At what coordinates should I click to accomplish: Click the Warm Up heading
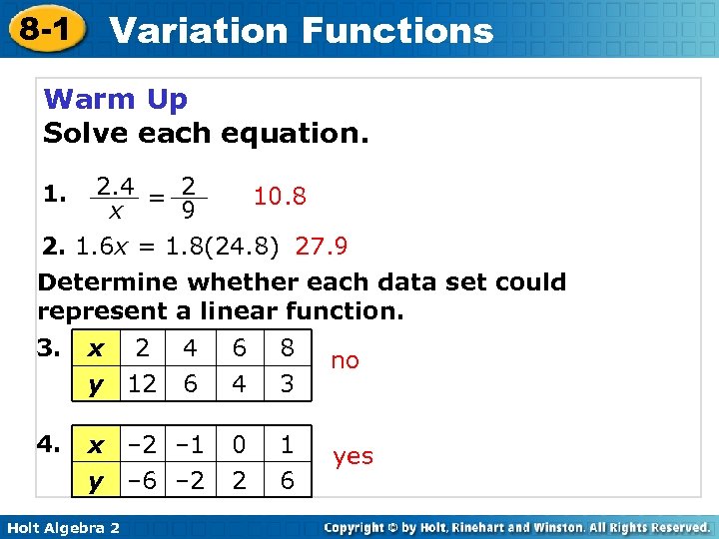tap(116, 100)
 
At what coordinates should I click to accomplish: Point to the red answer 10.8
tap(280, 197)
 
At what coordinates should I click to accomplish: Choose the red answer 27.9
tap(322, 246)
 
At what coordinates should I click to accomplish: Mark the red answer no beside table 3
tap(345, 361)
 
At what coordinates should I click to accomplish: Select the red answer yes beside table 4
tap(353, 457)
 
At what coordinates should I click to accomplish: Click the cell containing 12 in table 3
tap(143, 383)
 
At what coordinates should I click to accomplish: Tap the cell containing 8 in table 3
tap(288, 348)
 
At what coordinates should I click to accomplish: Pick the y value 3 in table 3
tap(288, 383)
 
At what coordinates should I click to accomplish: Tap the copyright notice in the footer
tap(516, 527)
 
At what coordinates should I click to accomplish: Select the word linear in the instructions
tap(235, 310)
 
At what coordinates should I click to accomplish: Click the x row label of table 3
tap(96, 349)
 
